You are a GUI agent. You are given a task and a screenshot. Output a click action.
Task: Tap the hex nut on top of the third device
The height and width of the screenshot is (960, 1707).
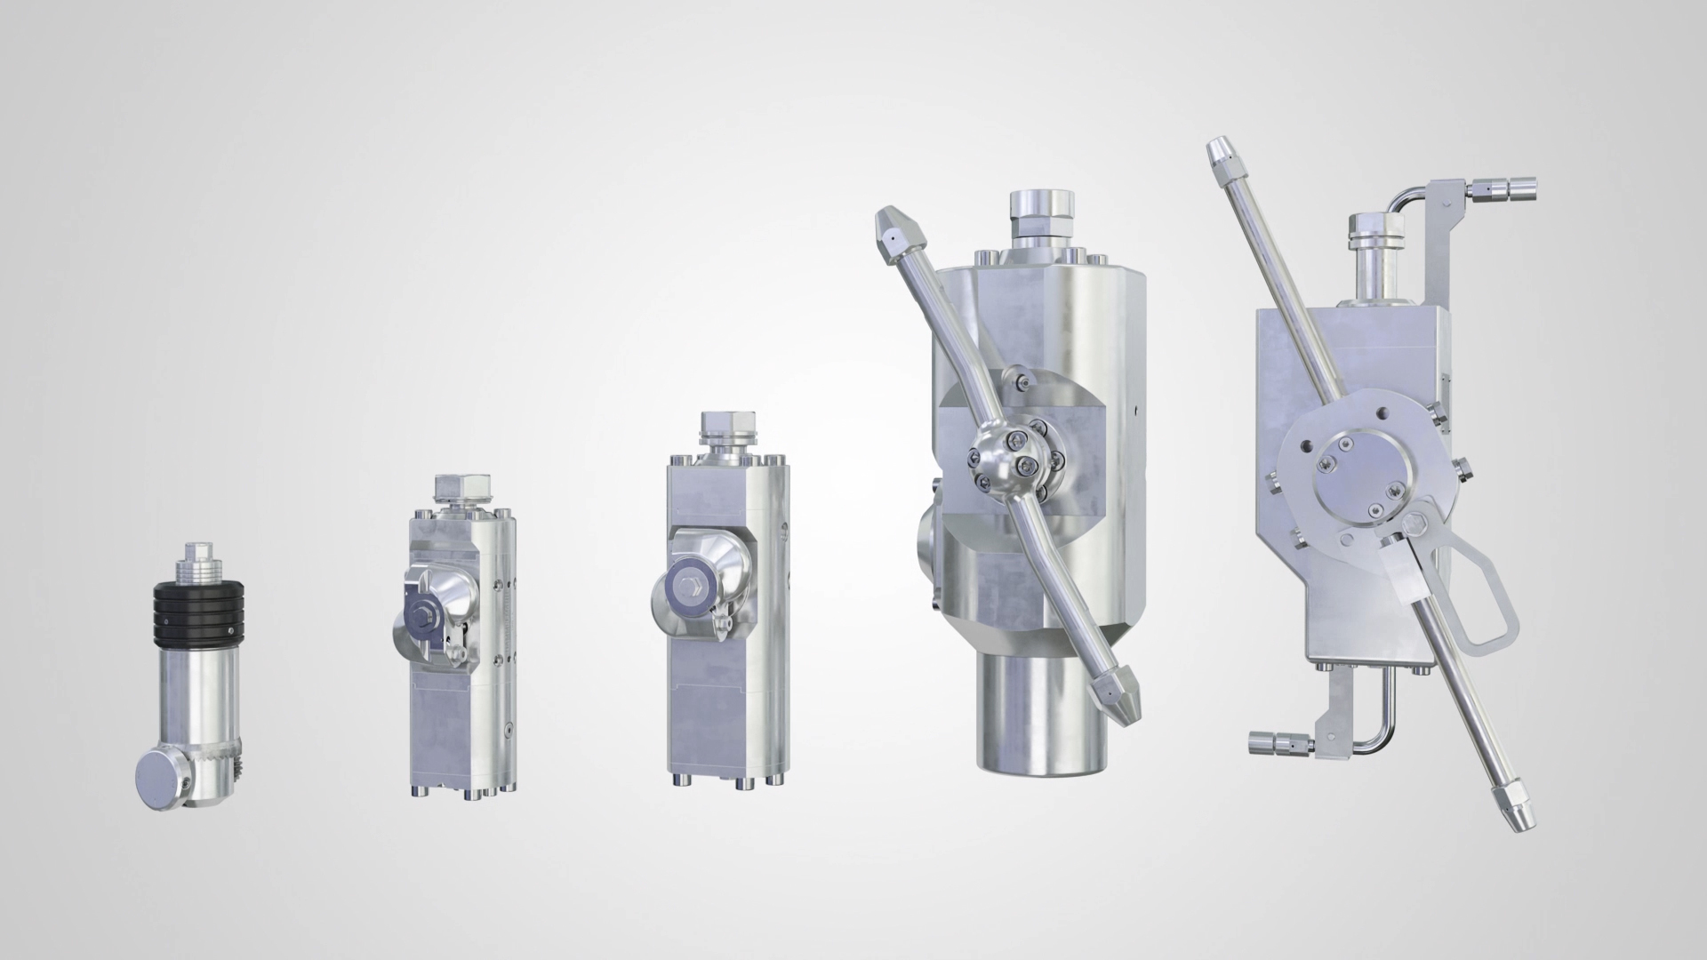(728, 427)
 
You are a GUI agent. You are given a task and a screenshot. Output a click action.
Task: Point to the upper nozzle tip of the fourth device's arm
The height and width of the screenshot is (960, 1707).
(894, 229)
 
